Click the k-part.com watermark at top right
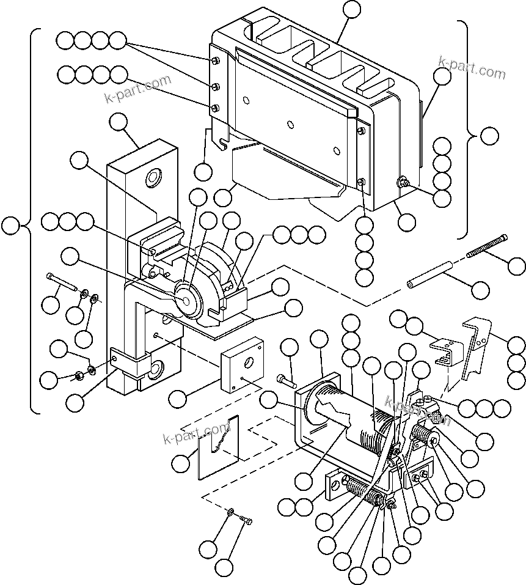click(x=472, y=68)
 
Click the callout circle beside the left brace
click(x=10, y=226)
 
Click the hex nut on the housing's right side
click(x=403, y=182)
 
